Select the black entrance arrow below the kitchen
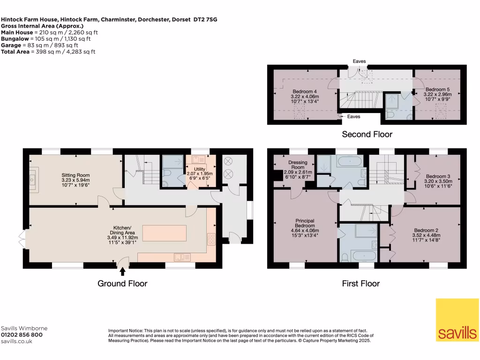tap(123, 271)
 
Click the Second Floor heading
tap(367, 135)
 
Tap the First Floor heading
tap(360, 283)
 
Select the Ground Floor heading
tap(122, 283)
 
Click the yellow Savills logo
tap(457, 320)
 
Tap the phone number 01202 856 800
tap(22, 335)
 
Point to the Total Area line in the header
tap(48, 52)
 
